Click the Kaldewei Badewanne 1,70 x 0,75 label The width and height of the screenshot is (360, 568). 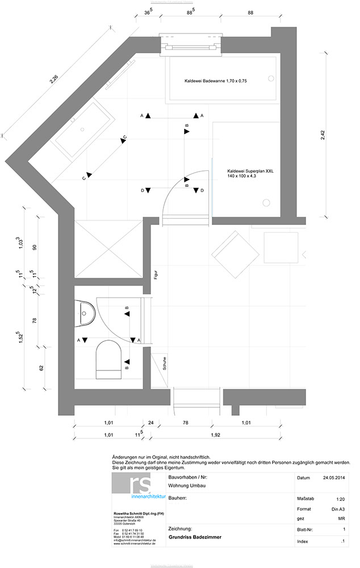[215, 81]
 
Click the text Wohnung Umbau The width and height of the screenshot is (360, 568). [187, 487]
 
